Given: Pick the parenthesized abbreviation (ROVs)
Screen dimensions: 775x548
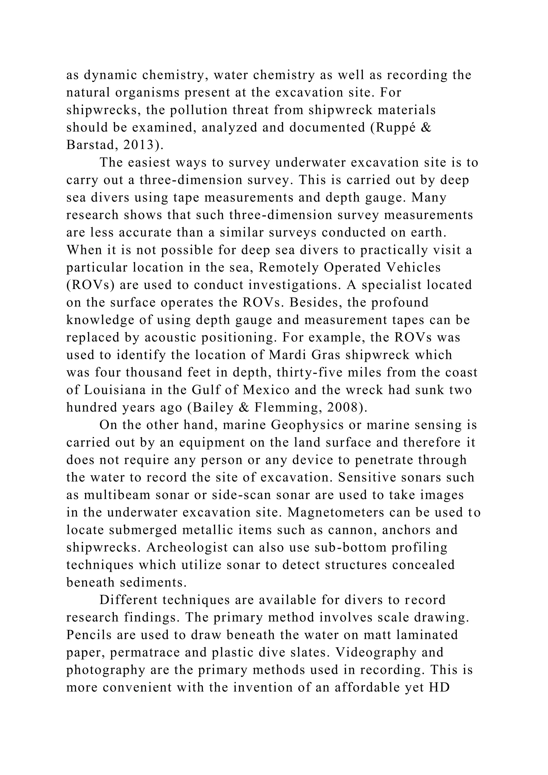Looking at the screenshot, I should [x=90, y=285].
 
